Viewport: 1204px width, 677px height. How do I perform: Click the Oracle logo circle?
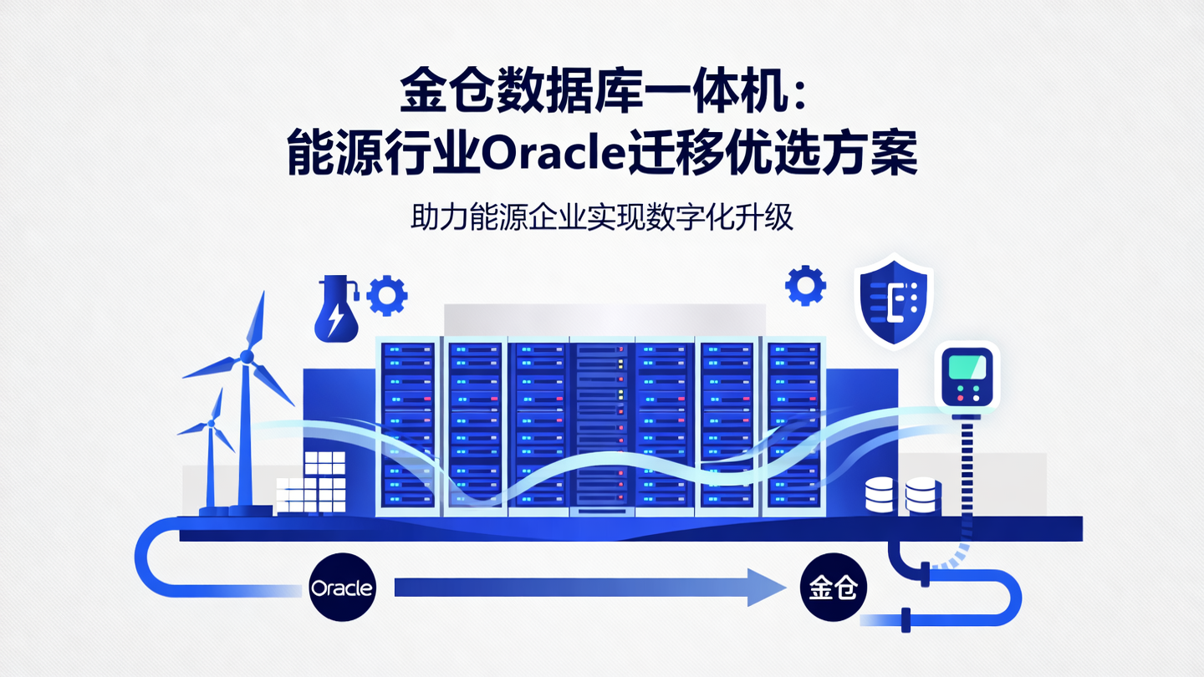pyautogui.click(x=342, y=588)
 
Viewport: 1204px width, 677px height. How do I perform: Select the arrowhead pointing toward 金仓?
pyautogui.click(x=766, y=588)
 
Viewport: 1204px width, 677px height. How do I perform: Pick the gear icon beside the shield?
pyautogui.click(x=805, y=286)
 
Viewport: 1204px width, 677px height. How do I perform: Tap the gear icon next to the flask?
pyautogui.click(x=387, y=294)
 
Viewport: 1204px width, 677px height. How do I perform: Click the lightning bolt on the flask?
pyautogui.click(x=335, y=318)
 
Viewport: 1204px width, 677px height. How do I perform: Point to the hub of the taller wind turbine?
pyautogui.click(x=247, y=357)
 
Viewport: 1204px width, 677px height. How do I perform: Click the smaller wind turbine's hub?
pyautogui.click(x=210, y=424)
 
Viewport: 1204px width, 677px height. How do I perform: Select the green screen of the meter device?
pyautogui.click(x=966, y=364)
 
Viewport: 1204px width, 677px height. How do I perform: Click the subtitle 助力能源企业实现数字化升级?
pyautogui.click(x=601, y=218)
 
